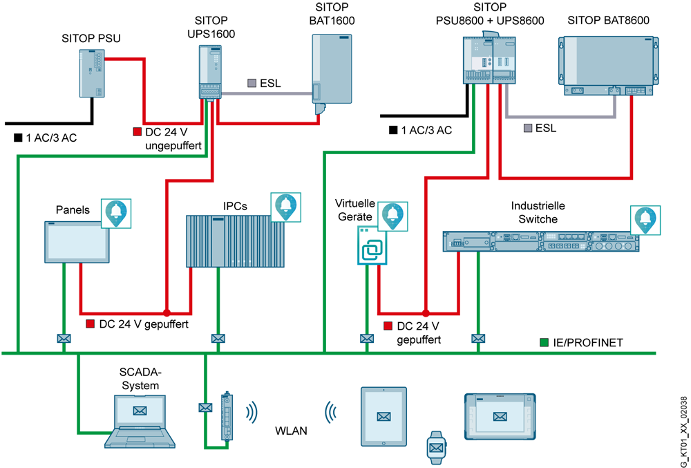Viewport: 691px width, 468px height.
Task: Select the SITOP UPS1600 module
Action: coord(209,73)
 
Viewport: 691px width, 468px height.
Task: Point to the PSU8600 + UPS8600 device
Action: coord(491,59)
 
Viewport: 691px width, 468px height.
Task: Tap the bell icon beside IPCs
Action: coord(286,207)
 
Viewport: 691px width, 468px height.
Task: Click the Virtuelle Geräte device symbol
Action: coord(372,245)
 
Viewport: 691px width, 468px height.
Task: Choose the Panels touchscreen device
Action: coord(77,242)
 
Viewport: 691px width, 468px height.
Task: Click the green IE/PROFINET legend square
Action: coord(545,342)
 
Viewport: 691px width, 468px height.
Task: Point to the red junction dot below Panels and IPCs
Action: coord(167,312)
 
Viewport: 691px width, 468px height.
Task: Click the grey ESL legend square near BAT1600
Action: coord(252,83)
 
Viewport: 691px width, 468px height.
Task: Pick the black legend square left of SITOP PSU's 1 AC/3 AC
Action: coord(18,138)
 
